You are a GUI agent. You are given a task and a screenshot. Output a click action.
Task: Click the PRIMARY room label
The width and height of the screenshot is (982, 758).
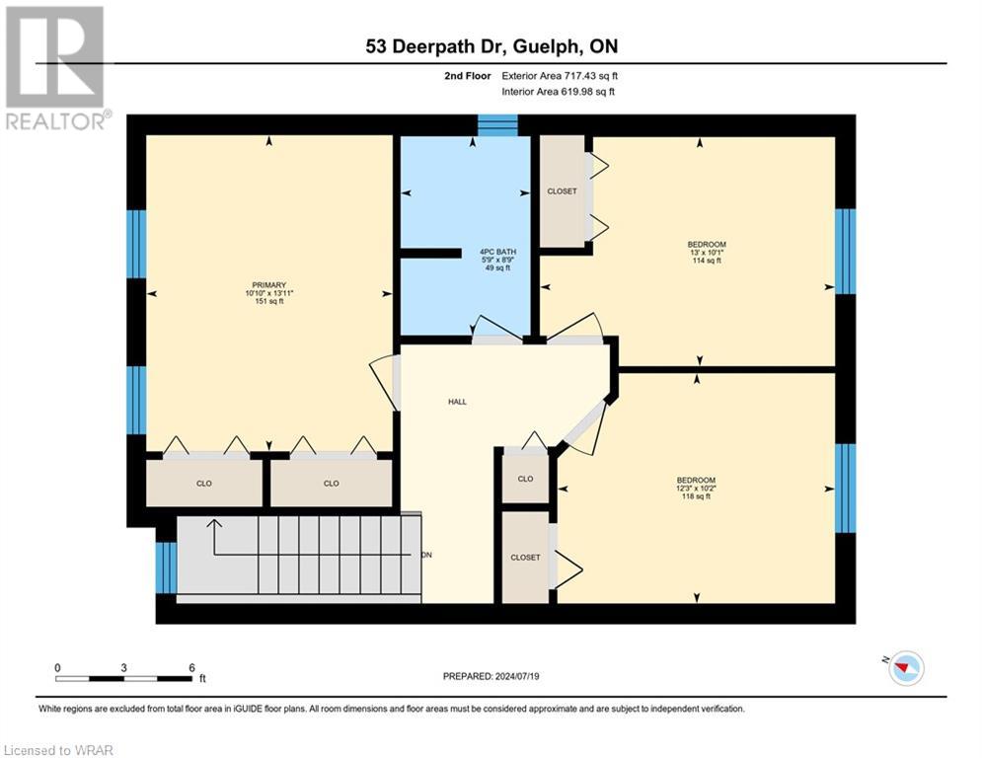click(268, 285)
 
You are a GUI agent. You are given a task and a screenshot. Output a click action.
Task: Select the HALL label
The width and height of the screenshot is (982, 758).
click(457, 402)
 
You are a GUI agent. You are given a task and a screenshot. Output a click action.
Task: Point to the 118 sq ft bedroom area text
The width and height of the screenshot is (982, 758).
click(695, 496)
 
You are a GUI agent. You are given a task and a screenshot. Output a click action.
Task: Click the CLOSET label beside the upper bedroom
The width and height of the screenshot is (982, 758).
click(562, 191)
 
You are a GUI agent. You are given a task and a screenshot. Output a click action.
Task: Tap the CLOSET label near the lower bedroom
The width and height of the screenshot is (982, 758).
click(525, 558)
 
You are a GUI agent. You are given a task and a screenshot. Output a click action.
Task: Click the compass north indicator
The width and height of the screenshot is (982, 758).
click(904, 668)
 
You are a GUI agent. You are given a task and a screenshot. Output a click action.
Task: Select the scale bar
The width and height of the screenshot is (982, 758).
click(124, 678)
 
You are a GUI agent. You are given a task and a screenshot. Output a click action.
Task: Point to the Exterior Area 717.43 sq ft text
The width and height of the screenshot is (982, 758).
click(560, 75)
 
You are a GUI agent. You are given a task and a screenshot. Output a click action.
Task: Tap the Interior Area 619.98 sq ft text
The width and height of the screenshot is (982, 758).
click(560, 92)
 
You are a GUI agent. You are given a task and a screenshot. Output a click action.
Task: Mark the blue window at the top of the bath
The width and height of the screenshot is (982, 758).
click(497, 125)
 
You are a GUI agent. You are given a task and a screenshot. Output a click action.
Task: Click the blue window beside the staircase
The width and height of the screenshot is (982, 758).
click(166, 568)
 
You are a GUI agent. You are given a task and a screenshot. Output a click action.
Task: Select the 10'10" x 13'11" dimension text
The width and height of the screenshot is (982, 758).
click(269, 294)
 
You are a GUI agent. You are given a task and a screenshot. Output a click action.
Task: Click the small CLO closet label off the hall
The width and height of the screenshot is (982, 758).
click(525, 479)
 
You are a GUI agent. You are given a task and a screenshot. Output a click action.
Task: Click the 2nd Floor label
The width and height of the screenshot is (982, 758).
click(468, 75)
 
